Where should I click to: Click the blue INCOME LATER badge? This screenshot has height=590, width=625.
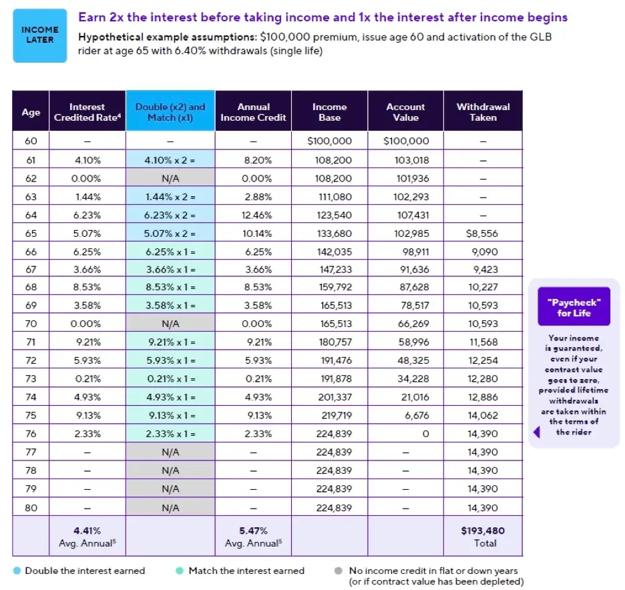(40, 35)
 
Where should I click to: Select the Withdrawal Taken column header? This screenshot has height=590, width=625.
(483, 111)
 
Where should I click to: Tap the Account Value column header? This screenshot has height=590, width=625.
(405, 111)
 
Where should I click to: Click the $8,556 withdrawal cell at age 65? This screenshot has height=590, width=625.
(483, 234)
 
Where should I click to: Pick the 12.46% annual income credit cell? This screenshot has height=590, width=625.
(253, 215)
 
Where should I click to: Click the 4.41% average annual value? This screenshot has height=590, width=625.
(87, 531)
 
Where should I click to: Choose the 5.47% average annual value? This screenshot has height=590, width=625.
(253, 531)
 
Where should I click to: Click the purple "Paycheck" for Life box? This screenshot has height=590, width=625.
(574, 307)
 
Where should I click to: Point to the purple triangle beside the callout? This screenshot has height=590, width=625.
(536, 432)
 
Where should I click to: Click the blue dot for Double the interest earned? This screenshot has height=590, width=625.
(17, 571)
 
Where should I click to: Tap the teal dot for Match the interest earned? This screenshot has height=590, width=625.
(180, 571)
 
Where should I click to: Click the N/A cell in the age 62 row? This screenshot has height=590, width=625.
(170, 178)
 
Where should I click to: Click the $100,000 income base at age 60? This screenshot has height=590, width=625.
(329, 141)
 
